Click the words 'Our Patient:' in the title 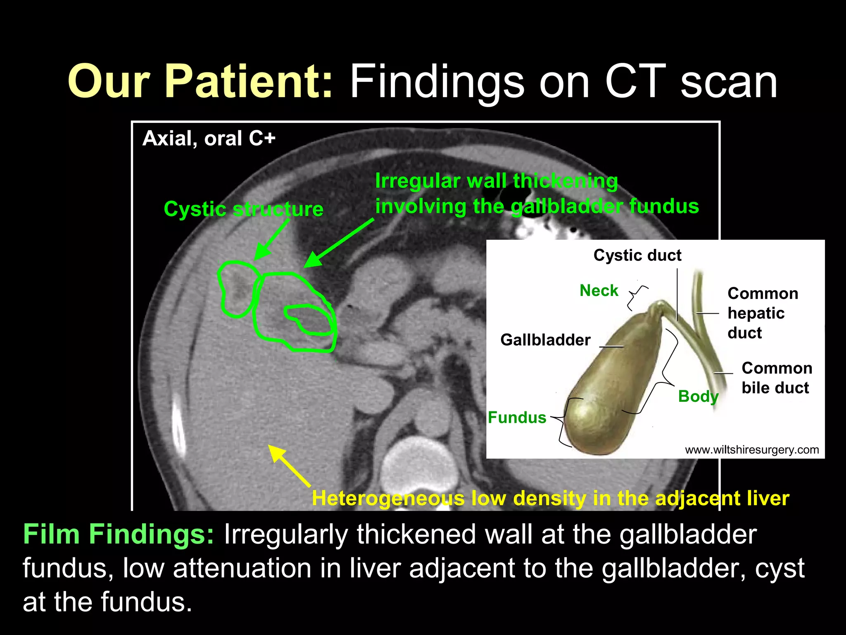point(200,81)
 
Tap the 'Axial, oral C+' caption point(209,138)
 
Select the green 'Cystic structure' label point(243,209)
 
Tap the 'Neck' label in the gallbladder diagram point(599,291)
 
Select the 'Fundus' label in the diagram point(517,418)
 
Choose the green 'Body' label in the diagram point(698,396)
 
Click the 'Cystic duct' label point(637,255)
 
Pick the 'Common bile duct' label point(776,378)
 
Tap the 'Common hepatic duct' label point(762,313)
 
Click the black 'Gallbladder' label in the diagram point(545,340)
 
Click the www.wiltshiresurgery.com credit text point(752,450)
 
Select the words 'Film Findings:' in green point(119,534)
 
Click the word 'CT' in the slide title point(635,81)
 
